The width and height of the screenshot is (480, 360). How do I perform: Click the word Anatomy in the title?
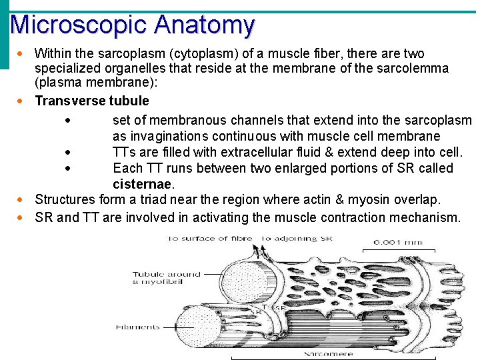(x=204, y=25)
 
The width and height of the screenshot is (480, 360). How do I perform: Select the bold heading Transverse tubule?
(x=91, y=101)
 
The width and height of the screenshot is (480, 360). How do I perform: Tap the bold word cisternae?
(x=143, y=184)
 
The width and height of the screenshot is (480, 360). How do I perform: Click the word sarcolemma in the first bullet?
(x=411, y=69)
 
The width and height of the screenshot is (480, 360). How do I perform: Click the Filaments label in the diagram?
(x=137, y=327)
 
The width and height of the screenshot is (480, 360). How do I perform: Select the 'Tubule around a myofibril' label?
(x=167, y=278)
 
